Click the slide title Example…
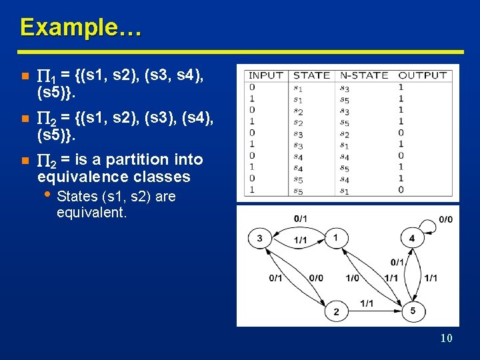[80, 27]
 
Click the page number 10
[446, 339]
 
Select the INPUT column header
[266, 75]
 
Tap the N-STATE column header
[363, 75]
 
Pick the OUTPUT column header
[422, 75]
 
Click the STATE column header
[311, 75]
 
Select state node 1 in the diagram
[336, 237]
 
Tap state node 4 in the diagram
[411, 238]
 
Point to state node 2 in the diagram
[336, 311]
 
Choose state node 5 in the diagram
[413, 311]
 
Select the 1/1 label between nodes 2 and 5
[367, 303]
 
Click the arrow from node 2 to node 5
[373, 311]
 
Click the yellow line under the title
[240, 51]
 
